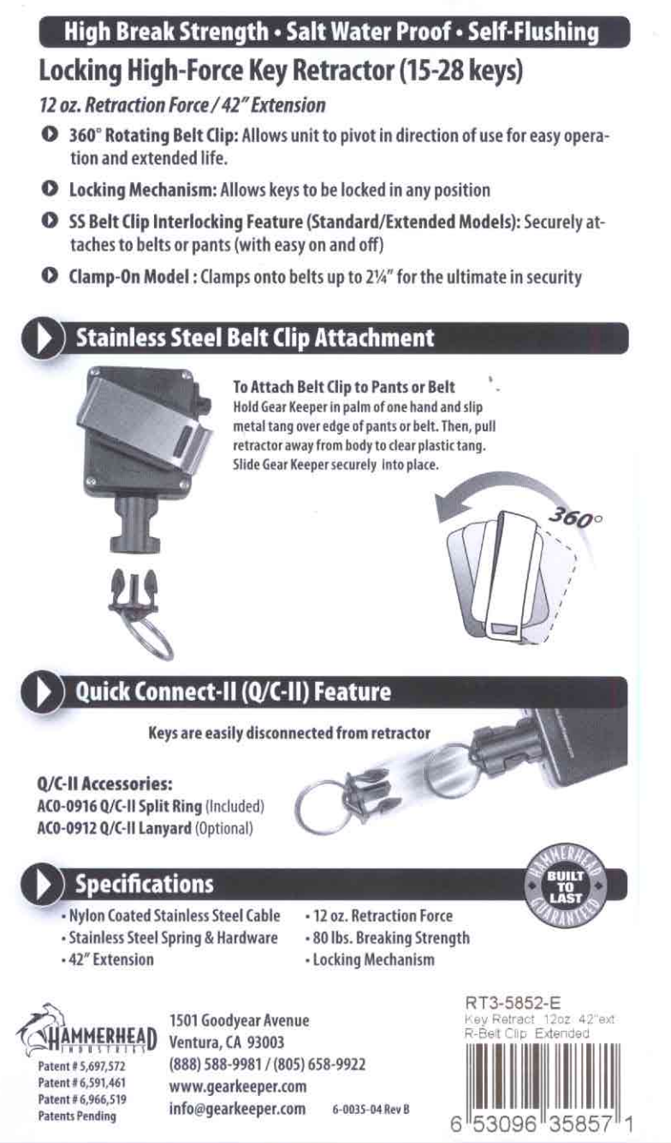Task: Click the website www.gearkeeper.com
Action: tap(238, 1087)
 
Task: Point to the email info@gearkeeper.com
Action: tap(238, 1109)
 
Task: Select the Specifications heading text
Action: tap(144, 883)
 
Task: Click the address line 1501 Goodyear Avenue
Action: tap(240, 1020)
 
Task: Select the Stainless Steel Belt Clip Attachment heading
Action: tap(255, 338)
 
